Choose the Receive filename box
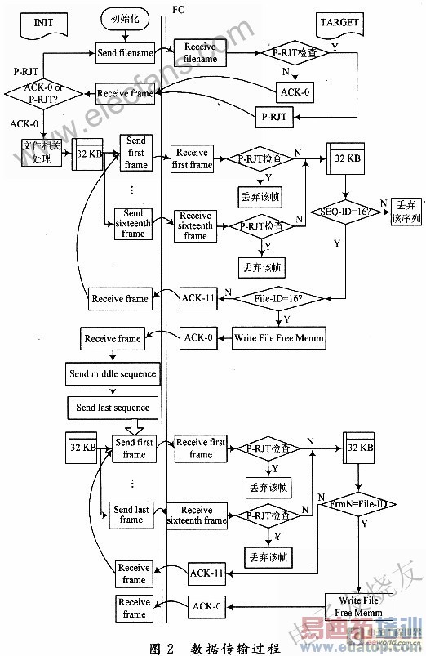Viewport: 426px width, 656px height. point(200,53)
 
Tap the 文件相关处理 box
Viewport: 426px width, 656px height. point(42,153)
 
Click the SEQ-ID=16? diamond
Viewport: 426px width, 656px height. point(343,212)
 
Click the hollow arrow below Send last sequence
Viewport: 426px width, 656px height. point(133,427)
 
